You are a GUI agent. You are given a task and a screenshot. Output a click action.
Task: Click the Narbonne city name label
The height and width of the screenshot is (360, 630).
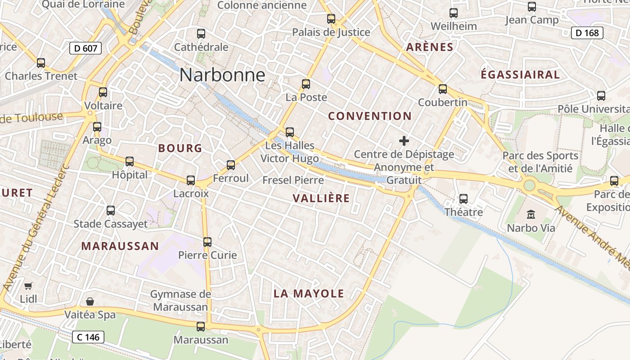click(222, 75)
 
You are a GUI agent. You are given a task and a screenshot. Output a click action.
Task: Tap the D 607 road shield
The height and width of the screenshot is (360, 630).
click(85, 48)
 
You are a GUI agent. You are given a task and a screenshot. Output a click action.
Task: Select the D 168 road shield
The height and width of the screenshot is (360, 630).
click(587, 33)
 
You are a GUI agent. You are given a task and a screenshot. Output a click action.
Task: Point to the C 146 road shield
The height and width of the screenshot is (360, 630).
click(88, 337)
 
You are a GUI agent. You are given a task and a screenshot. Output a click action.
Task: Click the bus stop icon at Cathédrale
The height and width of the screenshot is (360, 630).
click(201, 34)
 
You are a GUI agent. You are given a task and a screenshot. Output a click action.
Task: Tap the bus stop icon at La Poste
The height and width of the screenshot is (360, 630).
click(306, 84)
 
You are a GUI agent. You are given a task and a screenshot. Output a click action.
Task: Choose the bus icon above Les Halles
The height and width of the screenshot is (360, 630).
click(290, 132)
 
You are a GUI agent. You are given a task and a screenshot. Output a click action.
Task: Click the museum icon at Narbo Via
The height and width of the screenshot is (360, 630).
click(531, 214)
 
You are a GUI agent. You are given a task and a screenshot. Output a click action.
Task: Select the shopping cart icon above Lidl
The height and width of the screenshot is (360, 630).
click(28, 286)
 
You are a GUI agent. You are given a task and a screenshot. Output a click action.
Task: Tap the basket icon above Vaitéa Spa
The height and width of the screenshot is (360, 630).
click(90, 301)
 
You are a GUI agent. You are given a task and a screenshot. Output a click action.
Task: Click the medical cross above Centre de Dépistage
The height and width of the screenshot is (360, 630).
click(404, 141)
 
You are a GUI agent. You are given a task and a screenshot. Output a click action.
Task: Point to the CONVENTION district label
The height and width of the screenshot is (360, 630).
click(370, 116)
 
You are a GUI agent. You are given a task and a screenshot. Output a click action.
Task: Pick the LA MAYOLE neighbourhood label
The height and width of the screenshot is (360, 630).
click(309, 294)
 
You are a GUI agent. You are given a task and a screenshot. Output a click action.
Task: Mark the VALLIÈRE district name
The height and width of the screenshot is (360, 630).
click(321, 198)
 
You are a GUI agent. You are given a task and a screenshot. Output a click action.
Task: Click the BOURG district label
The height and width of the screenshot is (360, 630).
click(180, 148)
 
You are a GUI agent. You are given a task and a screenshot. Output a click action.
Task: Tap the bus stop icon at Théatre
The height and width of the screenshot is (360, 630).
click(463, 198)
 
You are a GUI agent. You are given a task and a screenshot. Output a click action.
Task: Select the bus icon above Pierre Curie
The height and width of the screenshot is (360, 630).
click(207, 242)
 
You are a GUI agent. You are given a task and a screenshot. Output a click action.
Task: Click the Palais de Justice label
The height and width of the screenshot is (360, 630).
click(331, 32)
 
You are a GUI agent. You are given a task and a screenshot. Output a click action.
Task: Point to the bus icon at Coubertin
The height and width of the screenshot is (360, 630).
click(443, 89)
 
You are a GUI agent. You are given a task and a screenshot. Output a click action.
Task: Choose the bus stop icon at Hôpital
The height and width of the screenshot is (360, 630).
click(130, 161)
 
